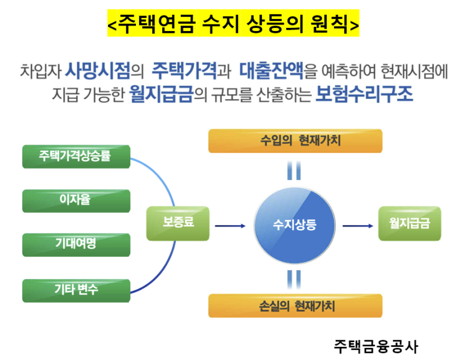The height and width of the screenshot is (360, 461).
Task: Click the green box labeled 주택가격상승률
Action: (76, 157)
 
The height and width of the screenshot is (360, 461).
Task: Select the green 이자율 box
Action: (76, 201)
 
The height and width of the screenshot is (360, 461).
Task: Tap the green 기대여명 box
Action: (76, 245)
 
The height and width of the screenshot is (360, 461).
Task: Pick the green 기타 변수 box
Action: (76, 291)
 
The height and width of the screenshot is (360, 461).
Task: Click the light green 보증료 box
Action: (178, 224)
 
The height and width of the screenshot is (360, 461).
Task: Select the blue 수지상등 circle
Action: (294, 226)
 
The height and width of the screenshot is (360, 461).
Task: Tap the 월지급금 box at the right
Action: (410, 224)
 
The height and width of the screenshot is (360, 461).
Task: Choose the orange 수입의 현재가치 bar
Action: (295, 141)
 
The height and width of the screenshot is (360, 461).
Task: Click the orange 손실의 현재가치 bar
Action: (295, 306)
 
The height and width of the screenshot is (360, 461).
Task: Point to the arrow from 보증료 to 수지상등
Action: (230, 226)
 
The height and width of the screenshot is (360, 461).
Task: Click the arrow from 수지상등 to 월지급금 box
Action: (358, 226)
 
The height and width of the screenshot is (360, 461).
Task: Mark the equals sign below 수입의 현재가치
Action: (294, 170)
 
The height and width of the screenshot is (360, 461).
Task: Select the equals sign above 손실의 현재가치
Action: (294, 280)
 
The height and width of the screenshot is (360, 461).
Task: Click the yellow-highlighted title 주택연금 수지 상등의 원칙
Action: (233, 23)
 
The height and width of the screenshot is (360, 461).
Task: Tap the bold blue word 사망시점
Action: (97, 71)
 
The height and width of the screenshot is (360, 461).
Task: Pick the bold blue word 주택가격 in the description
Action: (184, 71)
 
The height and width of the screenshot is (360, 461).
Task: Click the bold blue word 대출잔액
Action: (271, 71)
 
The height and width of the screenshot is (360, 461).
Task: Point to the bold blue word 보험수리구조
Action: (364, 94)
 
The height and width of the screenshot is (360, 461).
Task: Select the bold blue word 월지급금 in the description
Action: (161, 94)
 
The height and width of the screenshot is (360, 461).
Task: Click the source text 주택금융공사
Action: (376, 347)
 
